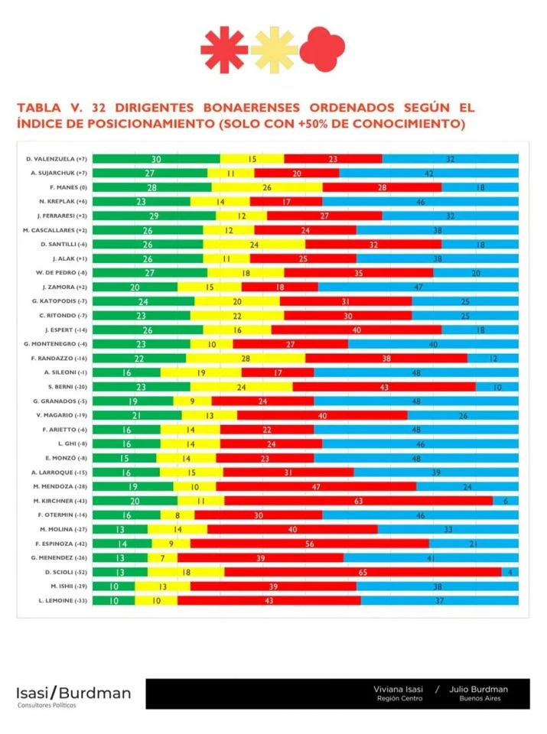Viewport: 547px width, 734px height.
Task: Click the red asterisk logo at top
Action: [x=224, y=50]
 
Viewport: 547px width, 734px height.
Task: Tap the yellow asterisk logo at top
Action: [x=274, y=50]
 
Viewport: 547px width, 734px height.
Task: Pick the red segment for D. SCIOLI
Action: [x=363, y=572]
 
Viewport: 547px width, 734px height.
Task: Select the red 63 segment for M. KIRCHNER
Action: [x=358, y=501]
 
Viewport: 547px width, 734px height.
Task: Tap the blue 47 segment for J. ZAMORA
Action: [x=418, y=287]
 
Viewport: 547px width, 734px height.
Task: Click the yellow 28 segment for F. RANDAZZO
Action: [x=246, y=358]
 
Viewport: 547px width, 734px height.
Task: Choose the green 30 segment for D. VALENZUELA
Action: [x=156, y=159]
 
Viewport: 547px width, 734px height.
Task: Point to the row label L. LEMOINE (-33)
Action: [x=61, y=600]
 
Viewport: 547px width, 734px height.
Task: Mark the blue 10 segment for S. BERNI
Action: [x=497, y=387]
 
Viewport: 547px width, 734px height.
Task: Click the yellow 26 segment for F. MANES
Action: [x=267, y=187]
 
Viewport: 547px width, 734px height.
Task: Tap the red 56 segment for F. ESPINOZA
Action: [x=309, y=544]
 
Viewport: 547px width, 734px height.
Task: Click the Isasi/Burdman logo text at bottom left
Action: [x=73, y=693]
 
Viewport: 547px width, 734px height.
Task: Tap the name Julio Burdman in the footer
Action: [x=480, y=689]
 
